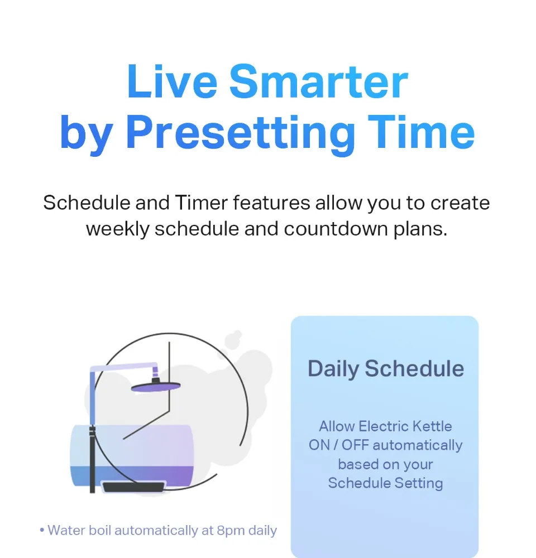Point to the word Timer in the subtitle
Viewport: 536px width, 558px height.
coord(201,203)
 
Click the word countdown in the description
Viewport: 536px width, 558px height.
coord(336,229)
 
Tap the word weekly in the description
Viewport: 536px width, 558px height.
coord(117,229)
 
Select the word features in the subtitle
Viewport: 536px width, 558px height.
coord(271,203)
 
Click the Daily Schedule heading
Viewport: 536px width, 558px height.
coord(386,369)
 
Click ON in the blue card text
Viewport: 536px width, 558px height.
coord(319,445)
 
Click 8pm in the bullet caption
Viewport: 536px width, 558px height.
coord(231,531)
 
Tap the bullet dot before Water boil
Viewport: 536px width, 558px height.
coord(42,531)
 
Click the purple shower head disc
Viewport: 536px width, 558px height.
coord(156,387)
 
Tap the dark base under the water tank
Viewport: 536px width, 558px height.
coord(134,487)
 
